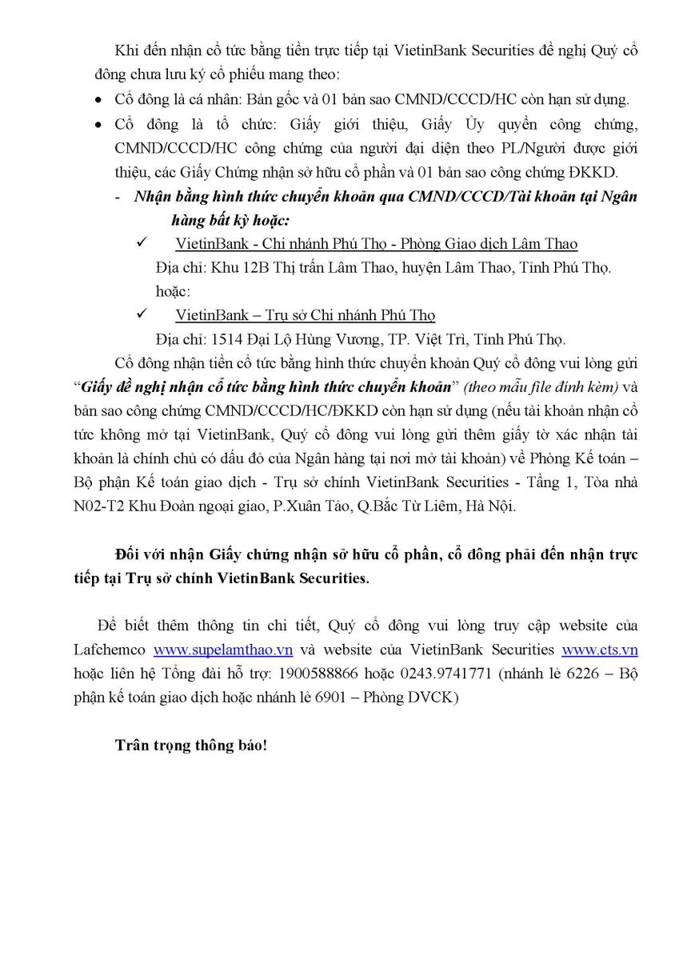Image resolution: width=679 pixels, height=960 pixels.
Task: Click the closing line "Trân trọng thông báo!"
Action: click(x=190, y=746)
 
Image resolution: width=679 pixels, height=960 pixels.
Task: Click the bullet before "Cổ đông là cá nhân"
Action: click(x=98, y=101)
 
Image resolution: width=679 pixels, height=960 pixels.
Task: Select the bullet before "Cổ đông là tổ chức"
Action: click(x=98, y=126)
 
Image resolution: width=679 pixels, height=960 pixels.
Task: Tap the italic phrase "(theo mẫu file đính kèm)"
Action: click(x=540, y=387)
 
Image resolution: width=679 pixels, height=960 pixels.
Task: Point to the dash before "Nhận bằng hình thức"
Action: click(x=118, y=197)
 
